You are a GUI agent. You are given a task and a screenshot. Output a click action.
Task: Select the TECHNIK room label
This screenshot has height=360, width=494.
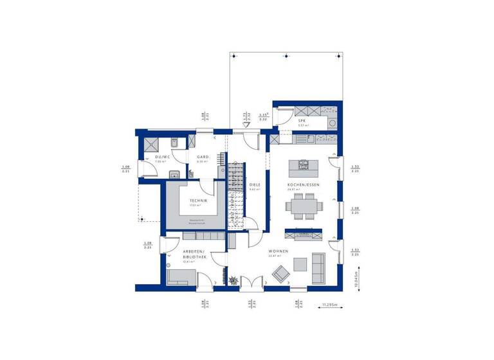point(197,201)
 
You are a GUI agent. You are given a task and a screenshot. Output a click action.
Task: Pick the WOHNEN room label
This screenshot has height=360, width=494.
point(279,251)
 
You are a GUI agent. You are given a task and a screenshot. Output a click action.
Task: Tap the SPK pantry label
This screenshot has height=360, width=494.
point(302,121)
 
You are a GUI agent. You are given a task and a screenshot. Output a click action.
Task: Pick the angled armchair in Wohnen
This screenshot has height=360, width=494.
point(280,275)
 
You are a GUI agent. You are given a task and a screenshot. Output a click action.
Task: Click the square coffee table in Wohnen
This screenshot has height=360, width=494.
point(300,264)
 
